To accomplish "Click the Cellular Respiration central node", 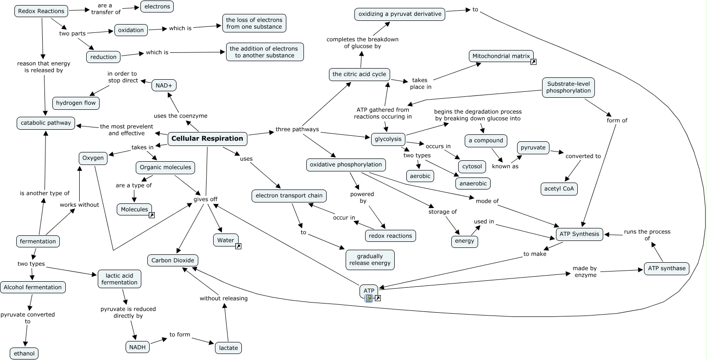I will pos(207,138).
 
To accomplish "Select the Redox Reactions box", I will pos(41,11).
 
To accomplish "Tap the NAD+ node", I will pos(164,85).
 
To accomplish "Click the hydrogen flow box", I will pos(76,103).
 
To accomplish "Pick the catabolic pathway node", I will pos(46,123).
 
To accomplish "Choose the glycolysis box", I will pos(388,139).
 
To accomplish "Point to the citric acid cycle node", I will pos(360,74).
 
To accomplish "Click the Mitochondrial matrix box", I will pos(501,57).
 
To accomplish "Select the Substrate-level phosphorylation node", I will pos(568,87).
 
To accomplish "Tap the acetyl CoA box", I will pos(559,189).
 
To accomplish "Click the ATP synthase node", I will pos(667,268).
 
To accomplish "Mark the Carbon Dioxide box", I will pos(173,260).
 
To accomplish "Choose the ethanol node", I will pos(24,354).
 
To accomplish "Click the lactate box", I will pos(228,347).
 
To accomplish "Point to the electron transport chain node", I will pos(289,196).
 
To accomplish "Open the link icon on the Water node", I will pos(239,246).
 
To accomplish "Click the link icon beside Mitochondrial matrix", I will pos(533,62).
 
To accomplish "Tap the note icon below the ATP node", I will pos(369,298).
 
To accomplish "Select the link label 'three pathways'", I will pos(297,129).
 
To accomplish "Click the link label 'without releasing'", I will pos(224,298).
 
